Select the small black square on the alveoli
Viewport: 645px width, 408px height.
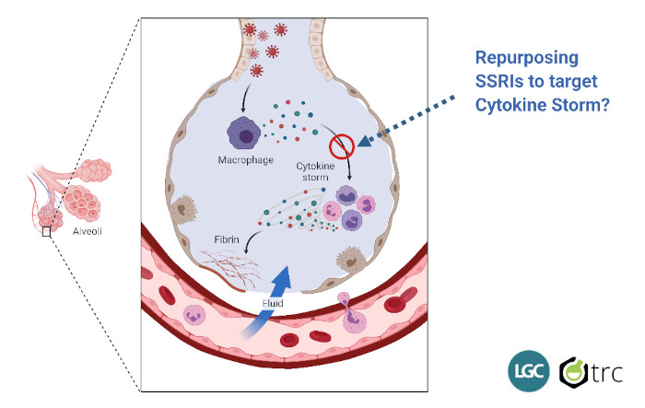(46, 233)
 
